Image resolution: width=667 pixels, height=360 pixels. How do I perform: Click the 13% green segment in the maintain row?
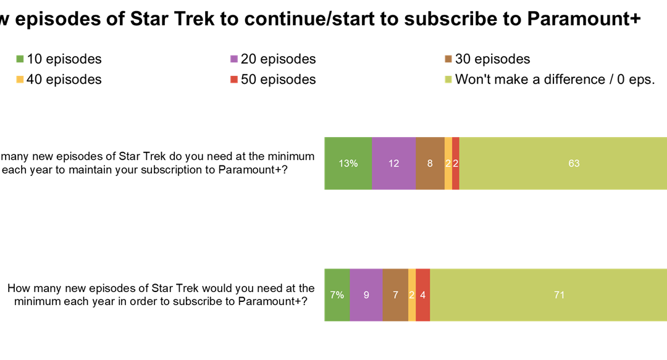[348, 164]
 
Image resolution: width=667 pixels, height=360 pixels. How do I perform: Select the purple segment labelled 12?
[394, 164]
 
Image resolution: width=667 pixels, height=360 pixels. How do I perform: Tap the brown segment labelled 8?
[430, 164]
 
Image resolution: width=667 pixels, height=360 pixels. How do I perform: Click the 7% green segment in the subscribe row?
[337, 295]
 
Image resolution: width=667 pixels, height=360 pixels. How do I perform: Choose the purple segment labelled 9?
[366, 295]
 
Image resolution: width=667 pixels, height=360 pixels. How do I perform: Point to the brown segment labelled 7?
[395, 295]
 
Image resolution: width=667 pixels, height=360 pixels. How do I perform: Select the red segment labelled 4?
[423, 295]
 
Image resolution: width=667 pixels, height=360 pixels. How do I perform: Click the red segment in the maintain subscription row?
[456, 164]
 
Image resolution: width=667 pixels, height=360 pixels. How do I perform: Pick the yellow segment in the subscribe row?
[412, 295]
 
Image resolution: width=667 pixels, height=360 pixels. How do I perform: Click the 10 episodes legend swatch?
[20, 59]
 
